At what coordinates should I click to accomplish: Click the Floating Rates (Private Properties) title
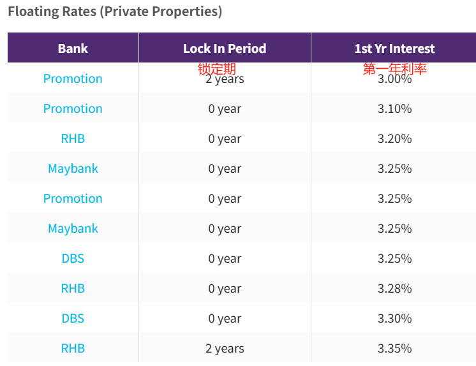coord(115,11)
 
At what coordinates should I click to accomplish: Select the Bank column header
coord(73,48)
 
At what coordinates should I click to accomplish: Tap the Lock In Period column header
coord(225,48)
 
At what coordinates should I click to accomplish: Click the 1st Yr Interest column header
coord(394,48)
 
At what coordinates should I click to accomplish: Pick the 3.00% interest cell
coord(394,80)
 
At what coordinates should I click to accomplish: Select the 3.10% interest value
coord(394,109)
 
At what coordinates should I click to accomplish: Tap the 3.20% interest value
coord(394,139)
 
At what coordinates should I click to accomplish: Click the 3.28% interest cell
coord(394,289)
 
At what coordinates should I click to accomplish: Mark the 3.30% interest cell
coord(394,319)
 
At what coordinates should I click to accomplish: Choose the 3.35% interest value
coord(394,349)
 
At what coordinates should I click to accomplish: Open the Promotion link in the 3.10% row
coord(73,109)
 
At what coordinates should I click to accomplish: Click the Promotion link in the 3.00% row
coord(73,79)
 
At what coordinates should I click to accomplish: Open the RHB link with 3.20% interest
coord(73,139)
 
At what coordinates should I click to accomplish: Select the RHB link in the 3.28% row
coord(73,289)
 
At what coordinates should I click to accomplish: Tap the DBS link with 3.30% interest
coord(73,319)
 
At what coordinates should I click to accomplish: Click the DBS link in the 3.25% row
coord(73,259)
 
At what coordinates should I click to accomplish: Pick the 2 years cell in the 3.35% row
coord(225,349)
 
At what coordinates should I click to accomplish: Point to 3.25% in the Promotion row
coord(394,199)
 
